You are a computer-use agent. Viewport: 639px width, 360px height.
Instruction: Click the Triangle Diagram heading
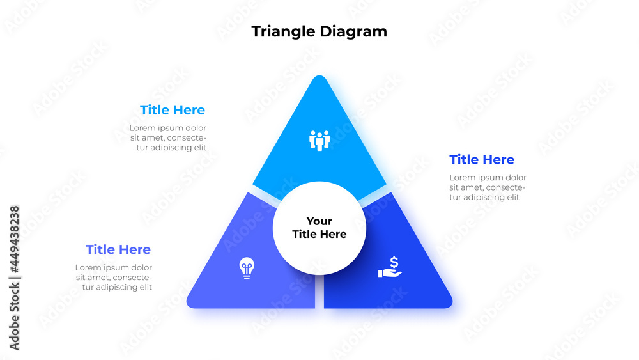319,31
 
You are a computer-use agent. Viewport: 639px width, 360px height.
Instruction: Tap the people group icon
319,140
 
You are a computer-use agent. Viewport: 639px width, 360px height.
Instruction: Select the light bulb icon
247,268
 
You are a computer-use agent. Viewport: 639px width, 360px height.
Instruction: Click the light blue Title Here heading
173,110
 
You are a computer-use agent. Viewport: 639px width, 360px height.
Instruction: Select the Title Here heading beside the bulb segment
118,249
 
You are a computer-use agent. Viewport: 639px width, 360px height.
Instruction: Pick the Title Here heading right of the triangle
482,159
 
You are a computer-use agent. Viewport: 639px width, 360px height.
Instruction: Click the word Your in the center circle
319,221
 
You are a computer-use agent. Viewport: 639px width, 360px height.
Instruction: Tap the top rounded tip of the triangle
319,81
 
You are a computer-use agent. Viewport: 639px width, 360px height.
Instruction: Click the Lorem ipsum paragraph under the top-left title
168,137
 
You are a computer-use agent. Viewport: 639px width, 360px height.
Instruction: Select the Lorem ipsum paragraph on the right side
488,187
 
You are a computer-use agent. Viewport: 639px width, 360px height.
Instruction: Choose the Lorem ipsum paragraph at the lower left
114,278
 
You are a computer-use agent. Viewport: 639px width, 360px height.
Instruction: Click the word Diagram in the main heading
355,31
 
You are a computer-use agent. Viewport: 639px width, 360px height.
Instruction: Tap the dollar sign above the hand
394,262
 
